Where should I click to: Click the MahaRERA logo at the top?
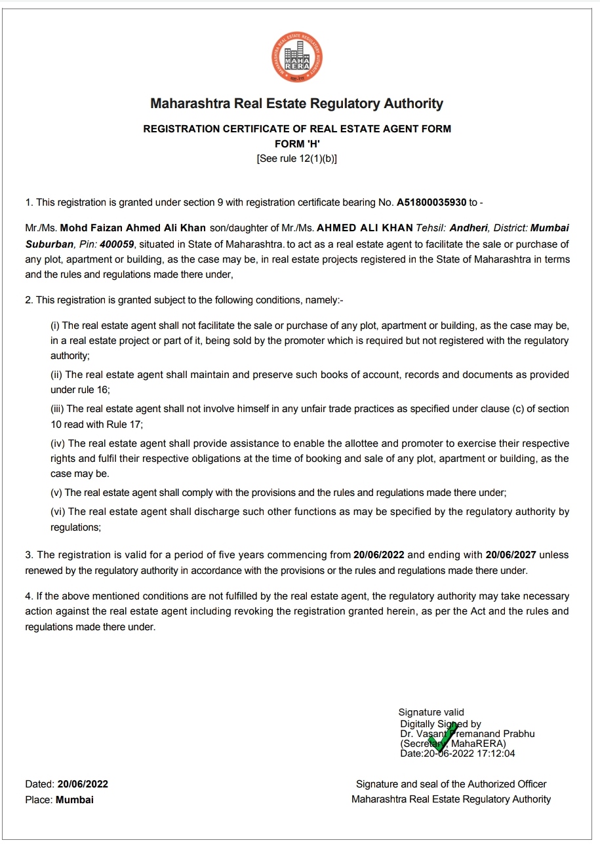(x=298, y=58)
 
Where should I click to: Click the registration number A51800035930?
(x=431, y=202)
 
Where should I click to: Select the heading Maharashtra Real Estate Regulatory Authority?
(x=297, y=104)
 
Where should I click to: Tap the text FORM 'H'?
(x=297, y=143)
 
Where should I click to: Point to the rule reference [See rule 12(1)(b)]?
(x=297, y=159)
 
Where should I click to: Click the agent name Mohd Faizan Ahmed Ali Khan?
(x=133, y=228)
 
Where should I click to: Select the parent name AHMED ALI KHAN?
(x=365, y=228)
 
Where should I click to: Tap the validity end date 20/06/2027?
(x=511, y=555)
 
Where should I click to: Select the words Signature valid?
(x=431, y=712)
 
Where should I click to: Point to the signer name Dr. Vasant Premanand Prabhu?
(x=468, y=734)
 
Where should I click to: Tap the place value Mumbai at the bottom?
(x=75, y=800)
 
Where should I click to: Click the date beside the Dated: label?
(x=83, y=784)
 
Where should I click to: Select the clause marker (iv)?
(x=58, y=444)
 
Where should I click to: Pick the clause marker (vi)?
(x=58, y=512)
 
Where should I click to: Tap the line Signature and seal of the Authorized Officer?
(x=451, y=784)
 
